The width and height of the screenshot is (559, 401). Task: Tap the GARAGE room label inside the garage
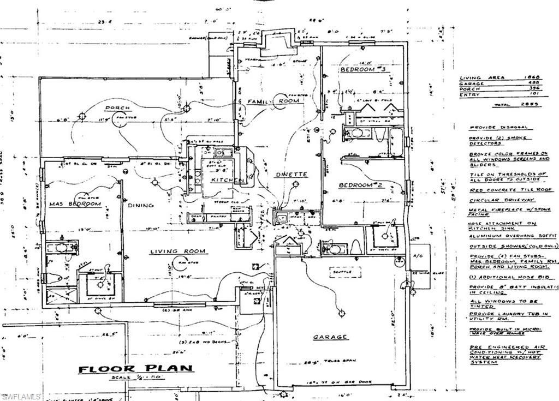[330, 337]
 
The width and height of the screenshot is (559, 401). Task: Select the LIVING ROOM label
[179, 251]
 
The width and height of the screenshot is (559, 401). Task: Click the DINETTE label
[291, 175]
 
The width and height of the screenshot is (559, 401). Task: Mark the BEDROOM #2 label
[362, 185]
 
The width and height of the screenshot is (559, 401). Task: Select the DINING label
[141, 205]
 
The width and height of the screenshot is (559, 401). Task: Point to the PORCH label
[117, 107]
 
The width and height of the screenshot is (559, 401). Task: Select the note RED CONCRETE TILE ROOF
[510, 189]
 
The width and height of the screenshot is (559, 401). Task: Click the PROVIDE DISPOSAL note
[492, 127]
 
